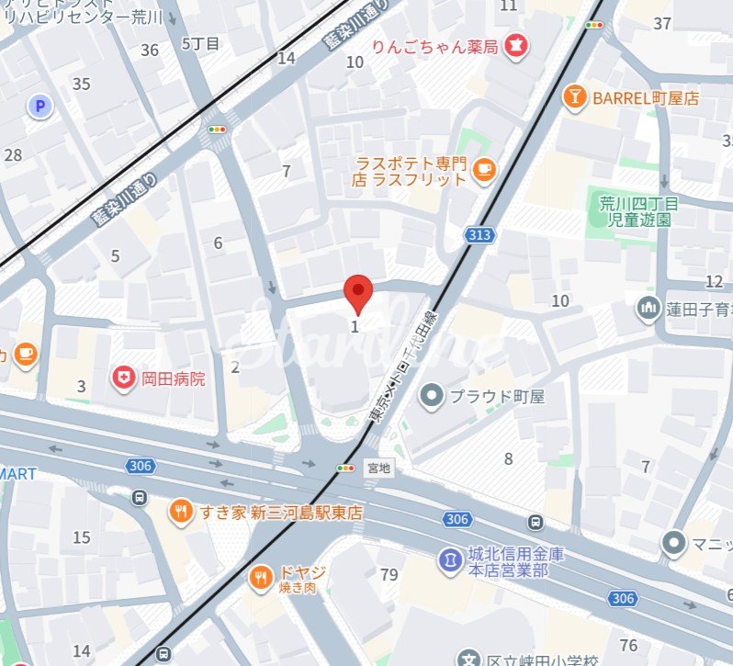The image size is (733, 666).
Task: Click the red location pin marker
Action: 358,293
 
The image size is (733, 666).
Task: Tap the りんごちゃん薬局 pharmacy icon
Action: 517,44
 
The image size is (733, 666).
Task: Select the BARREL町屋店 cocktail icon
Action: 575,97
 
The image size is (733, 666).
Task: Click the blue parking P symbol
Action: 39,107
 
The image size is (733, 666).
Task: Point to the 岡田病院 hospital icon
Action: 122,378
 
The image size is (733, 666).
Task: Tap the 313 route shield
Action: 479,235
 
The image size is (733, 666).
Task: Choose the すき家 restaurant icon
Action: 182,512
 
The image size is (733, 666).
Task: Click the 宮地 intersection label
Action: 378,468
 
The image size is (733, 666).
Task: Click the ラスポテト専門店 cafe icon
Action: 483,168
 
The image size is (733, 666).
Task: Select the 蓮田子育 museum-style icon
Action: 649,305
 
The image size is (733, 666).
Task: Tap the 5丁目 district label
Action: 200,43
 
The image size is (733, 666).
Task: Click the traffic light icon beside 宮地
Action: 345,468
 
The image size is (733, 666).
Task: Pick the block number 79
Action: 389,575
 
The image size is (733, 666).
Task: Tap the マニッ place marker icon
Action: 675,542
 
